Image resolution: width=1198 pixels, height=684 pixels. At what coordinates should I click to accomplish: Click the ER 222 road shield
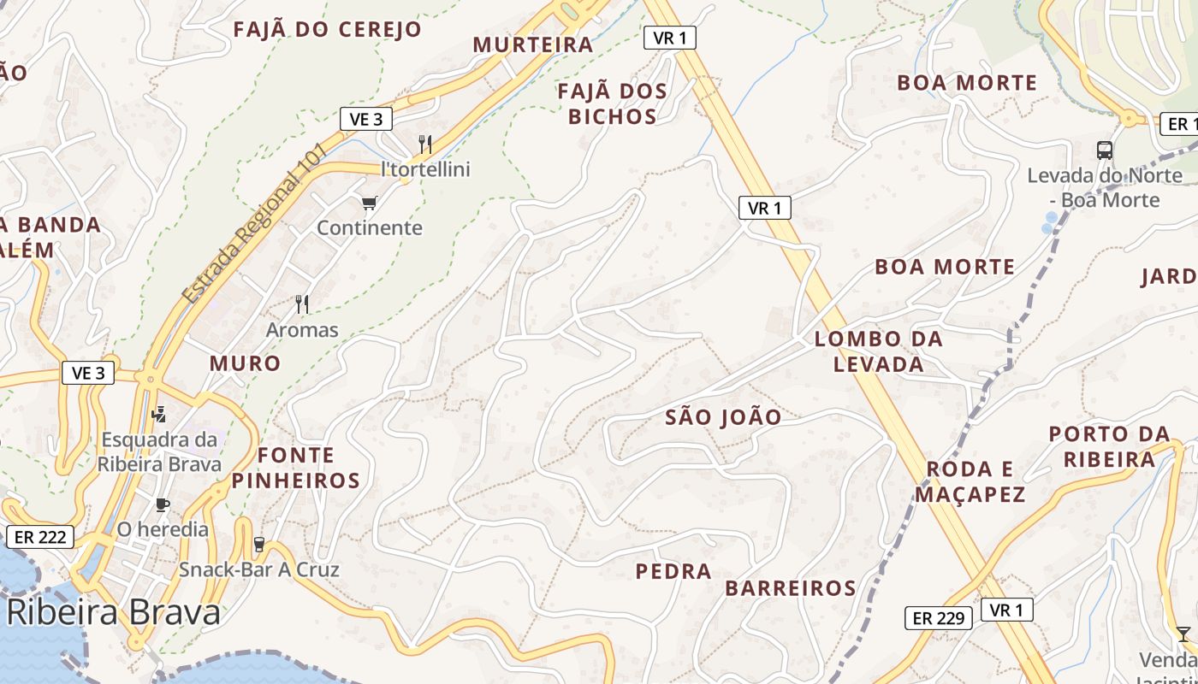click(x=40, y=537)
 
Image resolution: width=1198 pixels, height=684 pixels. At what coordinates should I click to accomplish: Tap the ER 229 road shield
click(x=939, y=617)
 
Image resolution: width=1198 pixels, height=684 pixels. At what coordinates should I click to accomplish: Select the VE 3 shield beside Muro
click(x=88, y=373)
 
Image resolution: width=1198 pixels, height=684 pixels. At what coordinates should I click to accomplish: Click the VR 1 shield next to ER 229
click(x=1006, y=610)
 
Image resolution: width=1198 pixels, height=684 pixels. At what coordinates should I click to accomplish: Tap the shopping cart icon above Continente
click(x=369, y=203)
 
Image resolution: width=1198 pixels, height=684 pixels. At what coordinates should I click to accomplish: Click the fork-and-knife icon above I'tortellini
click(x=425, y=144)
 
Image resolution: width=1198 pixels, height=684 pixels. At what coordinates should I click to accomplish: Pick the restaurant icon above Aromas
click(x=301, y=304)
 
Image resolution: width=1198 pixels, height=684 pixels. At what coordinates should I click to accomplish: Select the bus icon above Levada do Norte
click(x=1105, y=150)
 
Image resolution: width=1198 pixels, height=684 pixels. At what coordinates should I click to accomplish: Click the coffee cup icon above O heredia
click(x=162, y=504)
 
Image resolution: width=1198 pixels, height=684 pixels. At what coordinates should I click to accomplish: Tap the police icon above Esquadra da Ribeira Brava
click(x=157, y=415)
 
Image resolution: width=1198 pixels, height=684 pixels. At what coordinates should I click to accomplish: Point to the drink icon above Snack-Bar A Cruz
click(x=259, y=545)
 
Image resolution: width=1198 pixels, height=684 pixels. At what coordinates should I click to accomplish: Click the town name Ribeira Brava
click(x=114, y=612)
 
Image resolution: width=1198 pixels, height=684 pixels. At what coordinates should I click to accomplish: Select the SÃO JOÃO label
click(x=723, y=417)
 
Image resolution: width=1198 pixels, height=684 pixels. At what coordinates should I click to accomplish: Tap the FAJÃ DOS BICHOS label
click(x=612, y=103)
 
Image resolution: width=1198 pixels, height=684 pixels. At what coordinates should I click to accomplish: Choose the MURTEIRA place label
click(x=533, y=44)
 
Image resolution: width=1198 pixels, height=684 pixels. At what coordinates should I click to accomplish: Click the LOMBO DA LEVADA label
click(x=879, y=351)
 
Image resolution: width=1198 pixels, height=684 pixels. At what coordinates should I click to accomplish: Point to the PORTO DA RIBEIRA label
click(x=1109, y=446)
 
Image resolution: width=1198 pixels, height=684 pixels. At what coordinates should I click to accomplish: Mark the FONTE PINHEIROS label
click(x=296, y=467)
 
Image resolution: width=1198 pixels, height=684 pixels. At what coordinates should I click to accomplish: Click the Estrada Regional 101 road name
click(x=254, y=224)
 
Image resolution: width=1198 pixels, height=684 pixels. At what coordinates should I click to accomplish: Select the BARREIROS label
click(x=790, y=588)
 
